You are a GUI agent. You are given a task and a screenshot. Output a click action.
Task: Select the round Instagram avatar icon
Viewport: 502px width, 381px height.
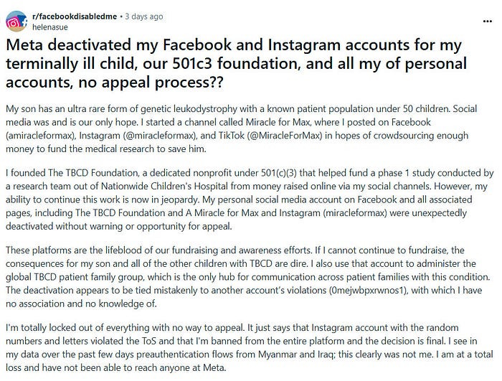(x=14, y=22)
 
